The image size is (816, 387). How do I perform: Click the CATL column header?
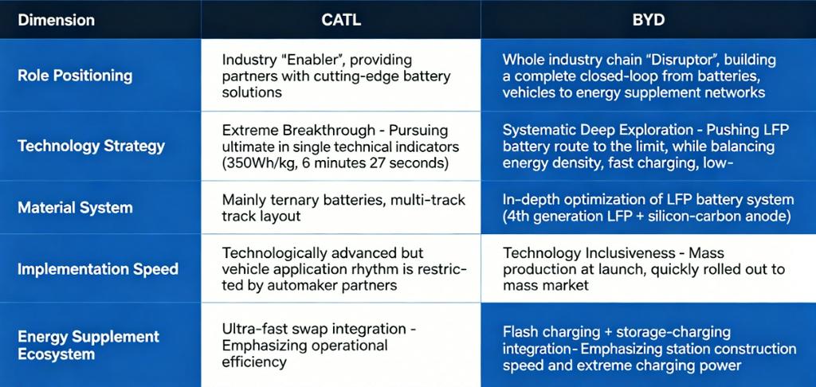(341, 20)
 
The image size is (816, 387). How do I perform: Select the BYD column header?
(649, 20)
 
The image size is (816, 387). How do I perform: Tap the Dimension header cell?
(57, 20)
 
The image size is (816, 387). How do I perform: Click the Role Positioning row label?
(75, 76)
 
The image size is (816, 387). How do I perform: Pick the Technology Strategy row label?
(91, 146)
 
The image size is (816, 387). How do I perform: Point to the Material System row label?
(75, 208)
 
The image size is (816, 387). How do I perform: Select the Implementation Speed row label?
(98, 269)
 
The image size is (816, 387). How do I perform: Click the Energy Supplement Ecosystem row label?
(88, 346)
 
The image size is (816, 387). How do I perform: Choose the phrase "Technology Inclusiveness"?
(589, 253)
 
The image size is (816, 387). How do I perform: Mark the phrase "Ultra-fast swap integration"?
(313, 329)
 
